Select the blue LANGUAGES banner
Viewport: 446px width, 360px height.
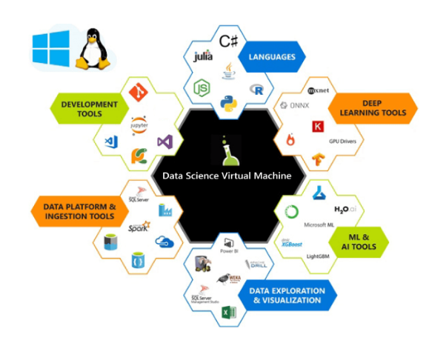pyautogui.click(x=272, y=57)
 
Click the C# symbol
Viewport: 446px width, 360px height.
pyautogui.click(x=228, y=37)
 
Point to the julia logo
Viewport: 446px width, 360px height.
pyautogui.click(x=203, y=56)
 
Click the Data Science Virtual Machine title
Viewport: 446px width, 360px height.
pyautogui.click(x=227, y=176)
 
